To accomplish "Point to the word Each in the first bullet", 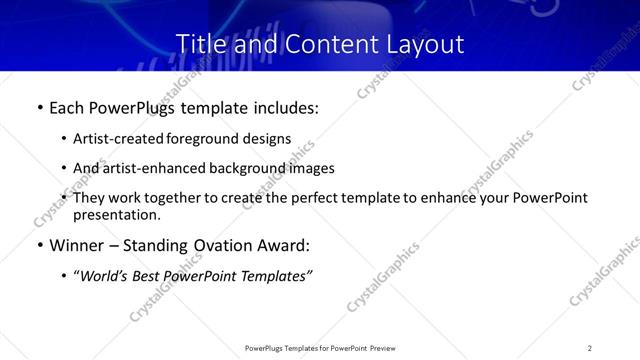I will [x=68, y=106].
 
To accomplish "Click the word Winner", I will [x=78, y=246].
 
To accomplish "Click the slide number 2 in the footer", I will [x=590, y=348].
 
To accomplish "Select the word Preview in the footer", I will [x=381, y=348].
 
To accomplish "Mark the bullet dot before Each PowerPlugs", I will [x=39, y=107].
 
